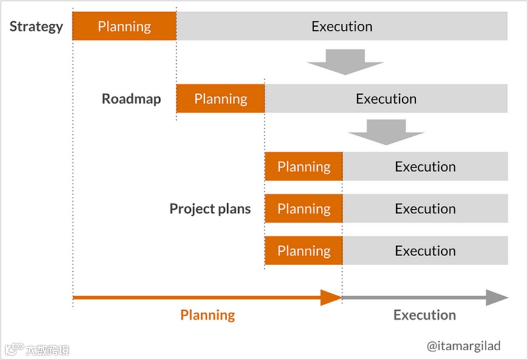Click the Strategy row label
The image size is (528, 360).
click(x=36, y=27)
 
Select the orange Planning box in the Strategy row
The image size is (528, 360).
click(x=125, y=27)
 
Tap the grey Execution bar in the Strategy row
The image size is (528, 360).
click(x=342, y=27)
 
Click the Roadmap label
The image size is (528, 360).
click(x=131, y=99)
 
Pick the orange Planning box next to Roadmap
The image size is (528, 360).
click(x=221, y=99)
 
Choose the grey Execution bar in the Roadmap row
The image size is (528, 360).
click(x=386, y=99)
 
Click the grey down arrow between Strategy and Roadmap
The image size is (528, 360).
click(x=345, y=61)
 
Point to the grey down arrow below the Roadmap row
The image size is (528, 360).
click(x=386, y=131)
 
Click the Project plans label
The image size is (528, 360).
click(x=210, y=209)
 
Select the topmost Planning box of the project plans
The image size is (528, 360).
click(x=304, y=167)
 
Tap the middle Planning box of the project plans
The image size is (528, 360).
click(x=304, y=209)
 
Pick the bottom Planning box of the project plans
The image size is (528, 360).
click(x=304, y=251)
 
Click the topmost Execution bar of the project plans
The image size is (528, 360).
click(x=425, y=167)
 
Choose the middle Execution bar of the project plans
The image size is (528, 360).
click(x=425, y=209)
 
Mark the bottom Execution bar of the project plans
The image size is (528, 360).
click(x=425, y=251)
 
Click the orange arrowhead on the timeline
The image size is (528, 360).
click(x=331, y=297)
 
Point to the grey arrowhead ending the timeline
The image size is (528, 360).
click(x=496, y=297)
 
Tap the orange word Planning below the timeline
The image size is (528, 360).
click(x=207, y=315)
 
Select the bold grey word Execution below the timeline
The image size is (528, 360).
click(x=424, y=315)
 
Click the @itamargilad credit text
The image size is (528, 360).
click(x=464, y=345)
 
